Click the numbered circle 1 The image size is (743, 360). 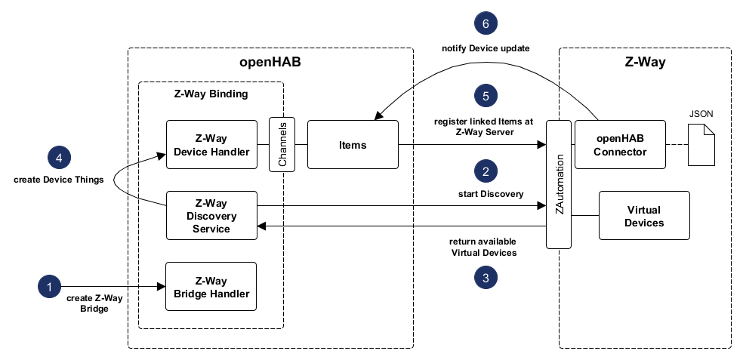click(49, 287)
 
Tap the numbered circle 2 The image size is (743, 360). click(486, 171)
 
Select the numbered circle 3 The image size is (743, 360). click(486, 278)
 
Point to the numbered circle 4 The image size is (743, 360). click(58, 157)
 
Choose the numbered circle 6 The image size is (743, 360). click(486, 23)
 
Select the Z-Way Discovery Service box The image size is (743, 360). click(211, 215)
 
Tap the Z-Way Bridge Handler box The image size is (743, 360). click(211, 287)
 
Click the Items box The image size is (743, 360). click(353, 144)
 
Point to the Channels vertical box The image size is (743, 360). click(282, 144)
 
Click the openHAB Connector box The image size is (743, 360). click(621, 144)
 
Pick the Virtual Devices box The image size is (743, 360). click(644, 215)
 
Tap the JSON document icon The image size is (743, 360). click(701, 142)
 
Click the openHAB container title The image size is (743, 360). click(270, 63)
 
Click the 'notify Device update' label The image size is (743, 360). click(486, 49)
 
